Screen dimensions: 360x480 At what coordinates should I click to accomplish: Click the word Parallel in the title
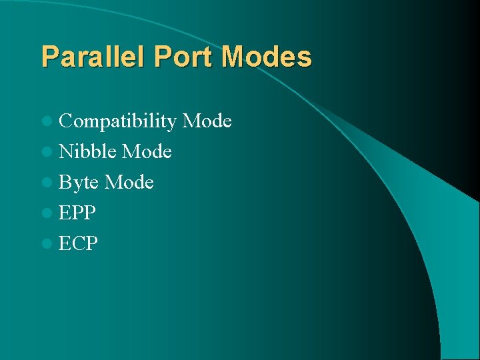tap(94, 57)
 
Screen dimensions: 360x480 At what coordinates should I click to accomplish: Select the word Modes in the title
tap(267, 57)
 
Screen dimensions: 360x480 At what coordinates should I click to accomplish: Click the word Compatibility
tap(117, 121)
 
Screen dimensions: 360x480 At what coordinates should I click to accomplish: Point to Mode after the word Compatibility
tap(207, 121)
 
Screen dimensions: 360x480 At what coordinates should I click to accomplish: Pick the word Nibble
tap(88, 151)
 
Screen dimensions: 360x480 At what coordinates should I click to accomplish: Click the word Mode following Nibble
tap(147, 151)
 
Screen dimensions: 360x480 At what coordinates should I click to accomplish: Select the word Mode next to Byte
tap(129, 182)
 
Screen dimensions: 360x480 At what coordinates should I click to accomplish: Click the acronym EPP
tap(77, 213)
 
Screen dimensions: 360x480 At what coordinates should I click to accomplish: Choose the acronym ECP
tap(78, 243)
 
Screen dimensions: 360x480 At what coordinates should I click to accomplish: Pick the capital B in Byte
tap(65, 182)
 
